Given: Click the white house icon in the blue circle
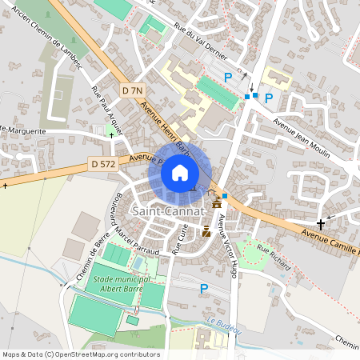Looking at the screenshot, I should click(x=180, y=173).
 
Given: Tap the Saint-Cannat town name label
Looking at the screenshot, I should click(x=167, y=210).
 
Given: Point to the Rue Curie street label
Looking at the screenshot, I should click(x=182, y=238).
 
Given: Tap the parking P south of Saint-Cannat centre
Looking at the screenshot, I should click(x=203, y=288).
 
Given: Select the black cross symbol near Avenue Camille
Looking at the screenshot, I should click(x=322, y=223).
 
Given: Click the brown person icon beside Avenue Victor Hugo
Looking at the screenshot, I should click(x=206, y=231).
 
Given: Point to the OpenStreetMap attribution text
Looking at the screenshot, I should click(x=81, y=354).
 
